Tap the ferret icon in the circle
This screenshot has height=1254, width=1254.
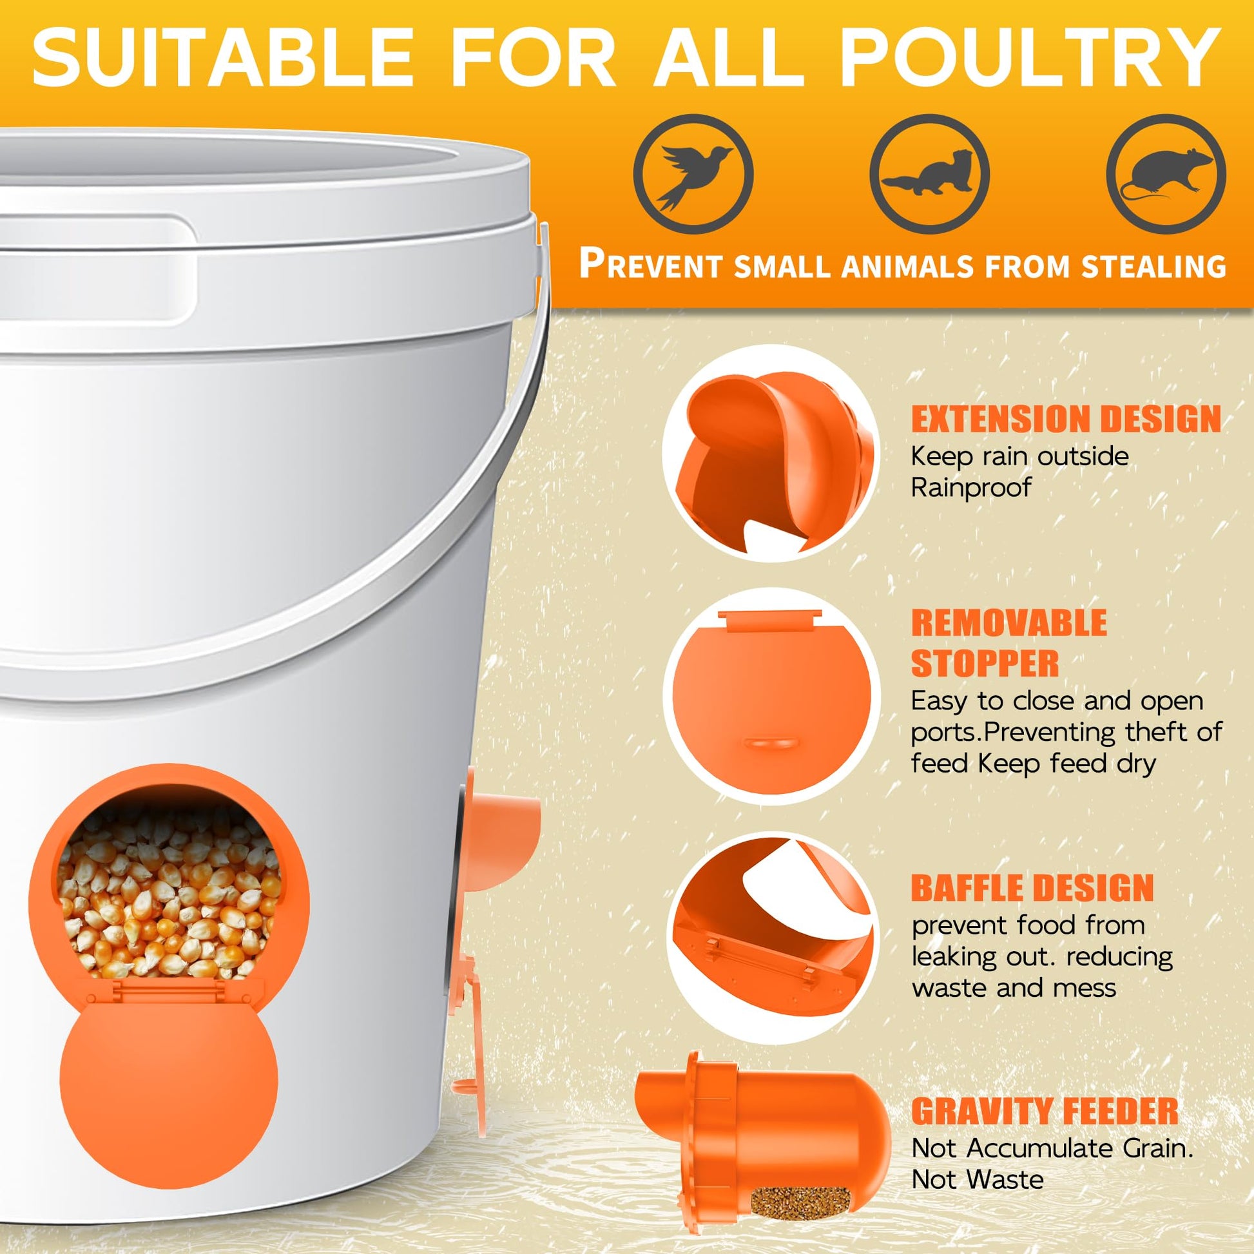(929, 178)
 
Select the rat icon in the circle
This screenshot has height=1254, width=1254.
(1165, 175)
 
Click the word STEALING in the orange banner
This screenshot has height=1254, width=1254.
(1153, 267)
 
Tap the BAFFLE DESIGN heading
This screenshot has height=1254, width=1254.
(1033, 888)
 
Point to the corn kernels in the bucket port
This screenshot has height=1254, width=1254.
(170, 896)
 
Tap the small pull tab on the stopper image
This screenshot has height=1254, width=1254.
(772, 742)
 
